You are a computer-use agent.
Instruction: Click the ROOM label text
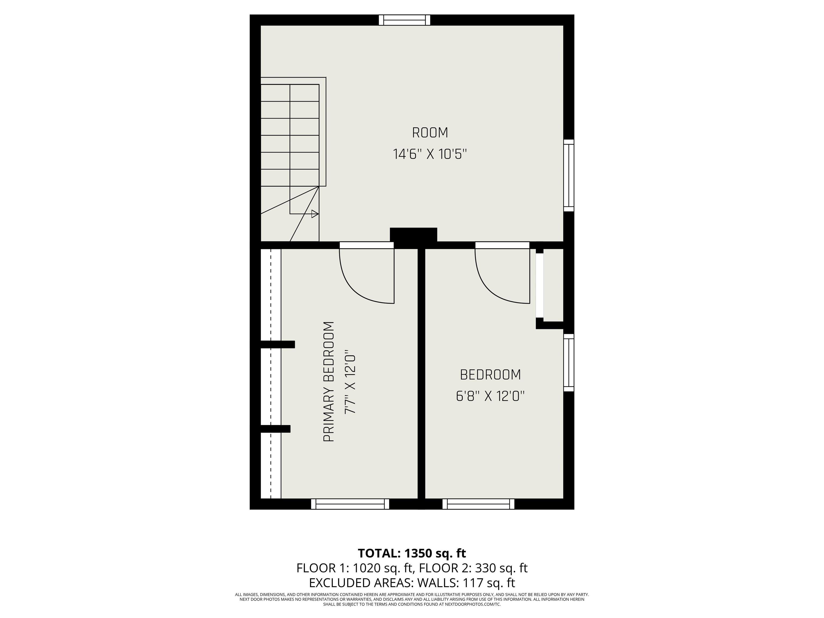430,133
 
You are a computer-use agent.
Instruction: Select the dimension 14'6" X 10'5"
430,154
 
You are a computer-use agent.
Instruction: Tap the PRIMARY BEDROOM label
329,382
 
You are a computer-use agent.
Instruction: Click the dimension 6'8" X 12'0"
490,396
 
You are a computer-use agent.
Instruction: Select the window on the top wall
404,20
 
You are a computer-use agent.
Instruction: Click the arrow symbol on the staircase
315,214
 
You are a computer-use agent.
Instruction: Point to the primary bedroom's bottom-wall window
350,504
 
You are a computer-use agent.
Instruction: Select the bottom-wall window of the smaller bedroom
478,504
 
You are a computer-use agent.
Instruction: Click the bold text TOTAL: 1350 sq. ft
412,553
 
